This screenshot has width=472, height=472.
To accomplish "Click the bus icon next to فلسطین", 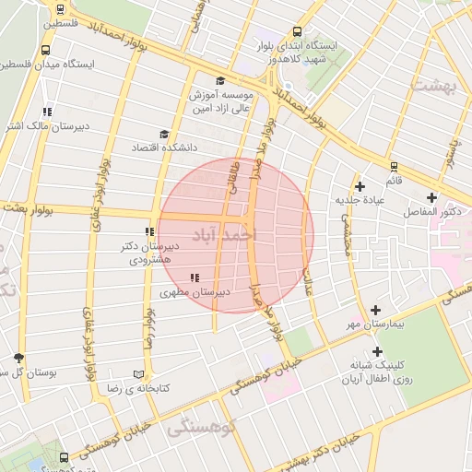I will [x=60, y=10].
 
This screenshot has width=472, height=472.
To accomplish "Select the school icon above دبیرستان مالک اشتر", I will [x=47, y=112].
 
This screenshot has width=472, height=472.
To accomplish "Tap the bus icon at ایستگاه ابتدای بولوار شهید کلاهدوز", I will [x=296, y=30].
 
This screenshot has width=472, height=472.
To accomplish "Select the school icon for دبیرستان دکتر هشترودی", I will [x=148, y=232].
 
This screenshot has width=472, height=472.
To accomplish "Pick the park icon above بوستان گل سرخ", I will [x=19, y=358].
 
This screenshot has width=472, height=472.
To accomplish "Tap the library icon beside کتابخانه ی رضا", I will [x=139, y=374].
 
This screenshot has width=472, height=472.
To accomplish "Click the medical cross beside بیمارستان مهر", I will [x=375, y=311].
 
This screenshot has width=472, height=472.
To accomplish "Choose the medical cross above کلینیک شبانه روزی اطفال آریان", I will [x=377, y=351].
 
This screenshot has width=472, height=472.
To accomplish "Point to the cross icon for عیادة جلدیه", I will [x=360, y=187].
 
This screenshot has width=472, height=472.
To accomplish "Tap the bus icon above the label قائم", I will [x=394, y=167].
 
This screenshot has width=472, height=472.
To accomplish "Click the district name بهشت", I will [x=431, y=86].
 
